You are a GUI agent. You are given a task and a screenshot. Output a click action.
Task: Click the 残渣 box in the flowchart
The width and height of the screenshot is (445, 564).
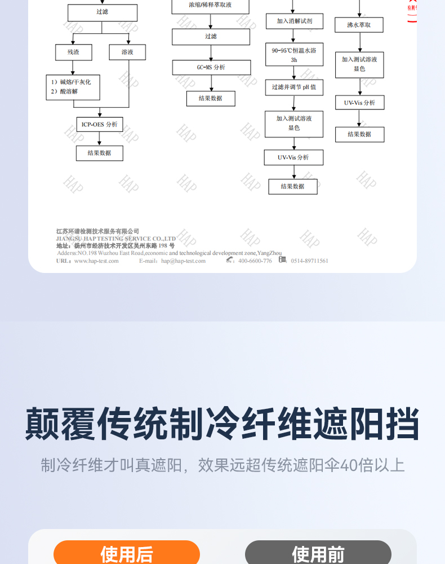click(x=73, y=52)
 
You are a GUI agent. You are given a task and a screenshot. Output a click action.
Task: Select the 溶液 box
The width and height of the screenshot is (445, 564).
click(x=127, y=52)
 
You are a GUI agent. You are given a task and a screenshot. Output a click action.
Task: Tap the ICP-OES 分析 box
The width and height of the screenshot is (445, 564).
click(x=100, y=124)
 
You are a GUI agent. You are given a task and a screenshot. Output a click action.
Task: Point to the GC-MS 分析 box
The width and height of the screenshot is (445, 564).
click(x=211, y=67)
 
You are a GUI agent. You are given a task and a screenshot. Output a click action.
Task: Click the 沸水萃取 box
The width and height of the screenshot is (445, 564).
click(x=359, y=25)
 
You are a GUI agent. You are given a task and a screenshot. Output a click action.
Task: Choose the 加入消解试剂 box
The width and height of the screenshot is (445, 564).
click(x=294, y=21)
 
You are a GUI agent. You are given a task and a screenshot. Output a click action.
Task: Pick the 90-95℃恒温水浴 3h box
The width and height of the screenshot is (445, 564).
click(x=294, y=55)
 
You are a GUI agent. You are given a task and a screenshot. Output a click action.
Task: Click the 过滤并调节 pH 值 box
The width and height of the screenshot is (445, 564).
click(x=294, y=87)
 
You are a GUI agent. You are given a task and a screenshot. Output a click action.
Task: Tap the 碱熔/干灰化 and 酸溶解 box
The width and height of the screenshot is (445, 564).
click(x=73, y=87)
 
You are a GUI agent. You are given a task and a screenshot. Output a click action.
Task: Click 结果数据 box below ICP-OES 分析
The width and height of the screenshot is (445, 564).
click(x=100, y=153)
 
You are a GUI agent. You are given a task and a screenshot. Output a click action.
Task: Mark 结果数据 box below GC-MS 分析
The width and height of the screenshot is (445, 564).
click(x=211, y=98)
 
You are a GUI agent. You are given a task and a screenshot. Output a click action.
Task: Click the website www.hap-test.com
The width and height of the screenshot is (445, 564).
click(x=96, y=261)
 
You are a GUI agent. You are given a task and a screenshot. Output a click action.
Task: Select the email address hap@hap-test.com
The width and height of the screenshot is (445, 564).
click(x=184, y=261)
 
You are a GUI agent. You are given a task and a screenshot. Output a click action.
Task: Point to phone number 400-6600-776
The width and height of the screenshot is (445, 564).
click(x=255, y=261)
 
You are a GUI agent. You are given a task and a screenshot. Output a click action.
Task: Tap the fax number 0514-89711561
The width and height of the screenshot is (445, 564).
click(x=309, y=261)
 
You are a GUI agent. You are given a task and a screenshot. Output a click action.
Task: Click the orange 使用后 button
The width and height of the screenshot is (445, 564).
click(x=127, y=553)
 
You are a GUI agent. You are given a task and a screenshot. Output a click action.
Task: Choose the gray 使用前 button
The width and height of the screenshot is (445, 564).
click(x=318, y=553)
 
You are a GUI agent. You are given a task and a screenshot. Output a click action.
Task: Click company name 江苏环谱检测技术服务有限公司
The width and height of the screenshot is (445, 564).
click(x=97, y=231)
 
